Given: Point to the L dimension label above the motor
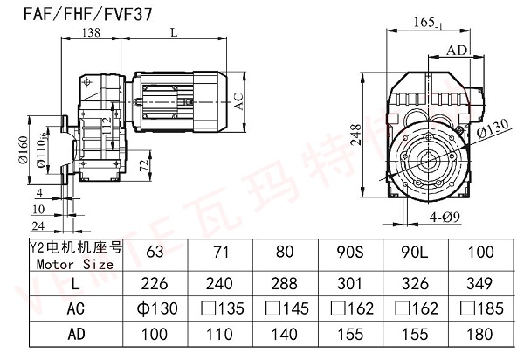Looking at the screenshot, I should [175, 32].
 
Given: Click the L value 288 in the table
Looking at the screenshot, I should [285, 284].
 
